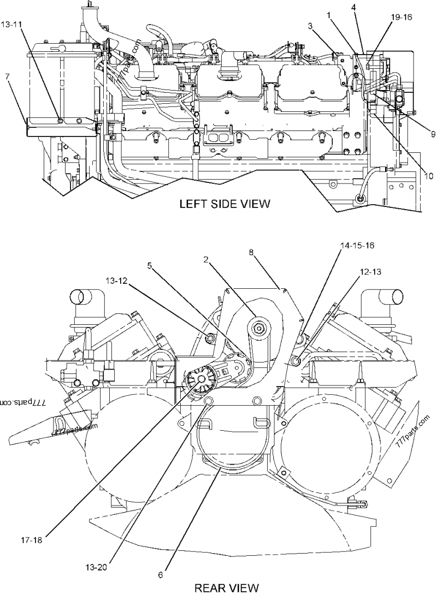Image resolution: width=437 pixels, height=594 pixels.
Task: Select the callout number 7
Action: (x=7, y=76)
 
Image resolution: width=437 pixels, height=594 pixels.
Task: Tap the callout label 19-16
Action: (x=401, y=17)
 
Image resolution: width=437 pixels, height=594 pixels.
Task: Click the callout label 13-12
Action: (x=116, y=282)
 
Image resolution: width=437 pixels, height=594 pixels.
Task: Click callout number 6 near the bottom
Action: (x=161, y=575)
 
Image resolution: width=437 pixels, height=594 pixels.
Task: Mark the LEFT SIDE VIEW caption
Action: (x=225, y=205)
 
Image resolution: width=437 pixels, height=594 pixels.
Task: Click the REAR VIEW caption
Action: (x=226, y=587)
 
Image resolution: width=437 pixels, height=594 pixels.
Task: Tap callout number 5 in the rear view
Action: (x=149, y=266)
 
